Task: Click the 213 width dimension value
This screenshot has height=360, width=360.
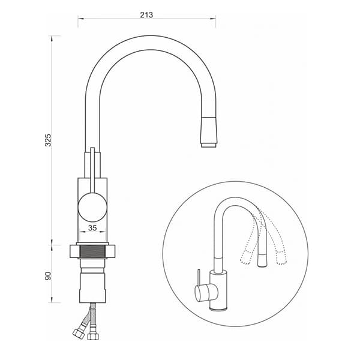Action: click(x=146, y=15)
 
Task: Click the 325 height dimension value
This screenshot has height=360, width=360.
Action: click(x=49, y=140)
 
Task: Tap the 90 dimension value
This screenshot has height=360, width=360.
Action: click(x=49, y=276)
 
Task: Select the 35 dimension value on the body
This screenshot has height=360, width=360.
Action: click(x=92, y=228)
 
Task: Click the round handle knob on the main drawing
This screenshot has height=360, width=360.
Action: click(x=92, y=208)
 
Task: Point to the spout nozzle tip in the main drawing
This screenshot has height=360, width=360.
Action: click(x=209, y=145)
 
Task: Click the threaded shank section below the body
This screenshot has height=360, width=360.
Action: click(x=92, y=251)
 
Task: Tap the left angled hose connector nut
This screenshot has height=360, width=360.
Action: click(x=78, y=333)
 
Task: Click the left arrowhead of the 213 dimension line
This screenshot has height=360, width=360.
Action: click(x=80, y=19)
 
